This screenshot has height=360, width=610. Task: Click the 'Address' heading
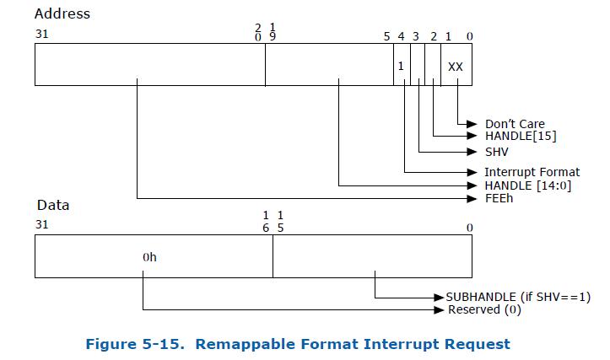(63, 14)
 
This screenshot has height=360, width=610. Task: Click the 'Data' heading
(52, 205)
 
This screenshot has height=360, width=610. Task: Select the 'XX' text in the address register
(456, 66)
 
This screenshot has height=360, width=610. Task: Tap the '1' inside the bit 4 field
(402, 66)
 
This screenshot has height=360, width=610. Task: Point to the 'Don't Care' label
(515, 124)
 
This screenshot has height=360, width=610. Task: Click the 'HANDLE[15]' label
(521, 136)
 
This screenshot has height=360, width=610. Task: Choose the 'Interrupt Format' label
(532, 172)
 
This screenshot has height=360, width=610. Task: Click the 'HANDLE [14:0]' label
(528, 185)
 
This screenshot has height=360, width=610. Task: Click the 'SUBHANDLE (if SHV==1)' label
(516, 298)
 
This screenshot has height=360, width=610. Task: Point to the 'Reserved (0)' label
(485, 310)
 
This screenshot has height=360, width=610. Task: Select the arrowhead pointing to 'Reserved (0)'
(439, 310)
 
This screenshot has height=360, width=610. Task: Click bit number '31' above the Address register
(42, 35)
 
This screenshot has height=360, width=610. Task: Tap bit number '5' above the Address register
(386, 36)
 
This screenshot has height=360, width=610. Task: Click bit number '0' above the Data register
(469, 228)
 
